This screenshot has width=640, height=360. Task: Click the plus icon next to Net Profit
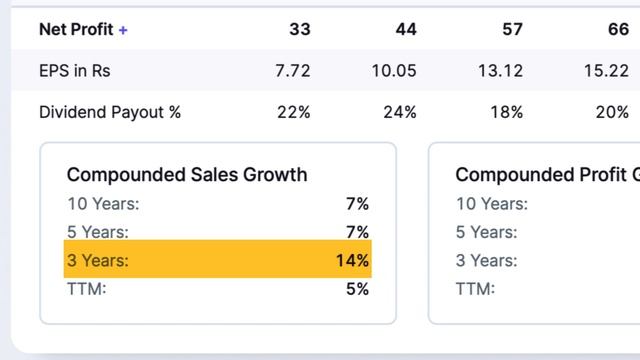click(x=123, y=30)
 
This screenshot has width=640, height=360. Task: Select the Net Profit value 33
click(x=300, y=29)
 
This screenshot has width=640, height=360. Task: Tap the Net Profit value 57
click(x=512, y=29)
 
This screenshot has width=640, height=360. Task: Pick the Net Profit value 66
click(x=618, y=29)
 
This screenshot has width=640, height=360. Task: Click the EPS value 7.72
click(x=293, y=71)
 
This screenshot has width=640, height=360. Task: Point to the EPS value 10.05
click(x=394, y=71)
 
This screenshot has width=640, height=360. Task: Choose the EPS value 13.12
click(x=500, y=71)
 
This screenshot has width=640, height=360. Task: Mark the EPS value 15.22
click(x=607, y=71)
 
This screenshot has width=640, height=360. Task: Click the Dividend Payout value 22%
click(x=294, y=112)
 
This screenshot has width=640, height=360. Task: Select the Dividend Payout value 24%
click(x=400, y=112)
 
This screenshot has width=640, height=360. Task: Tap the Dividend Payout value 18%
click(x=507, y=112)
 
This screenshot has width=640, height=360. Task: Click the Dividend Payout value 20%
click(x=612, y=112)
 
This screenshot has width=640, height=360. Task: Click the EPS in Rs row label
click(x=75, y=71)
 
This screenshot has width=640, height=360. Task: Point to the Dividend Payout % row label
click(x=110, y=112)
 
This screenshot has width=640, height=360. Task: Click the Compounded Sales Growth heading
click(x=187, y=175)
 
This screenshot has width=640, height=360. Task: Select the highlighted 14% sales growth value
click(x=352, y=260)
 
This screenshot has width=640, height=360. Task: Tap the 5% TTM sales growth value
click(x=358, y=289)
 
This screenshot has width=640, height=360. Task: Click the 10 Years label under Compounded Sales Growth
click(x=103, y=204)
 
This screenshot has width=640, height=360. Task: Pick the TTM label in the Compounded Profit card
click(x=476, y=289)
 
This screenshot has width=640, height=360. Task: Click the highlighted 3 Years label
click(x=98, y=260)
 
